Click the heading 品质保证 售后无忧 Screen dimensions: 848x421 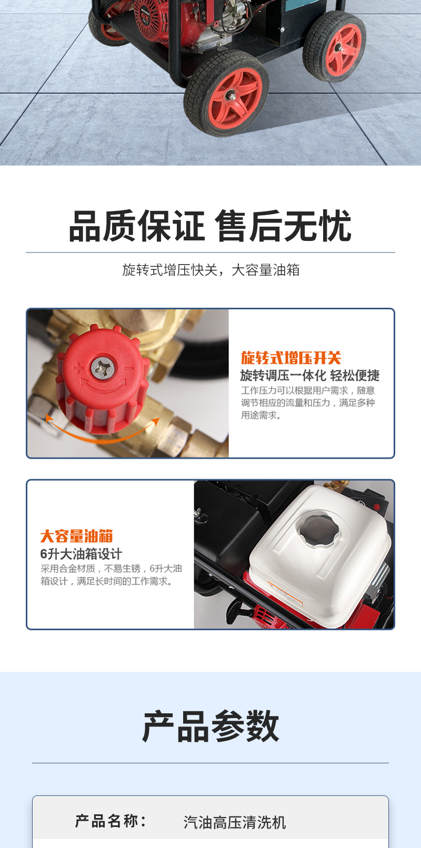tap(210, 227)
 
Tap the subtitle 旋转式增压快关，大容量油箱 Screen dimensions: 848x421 tap(210, 270)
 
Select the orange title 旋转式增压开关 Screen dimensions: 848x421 tap(291, 358)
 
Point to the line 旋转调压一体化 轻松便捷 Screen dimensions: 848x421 tap(309, 376)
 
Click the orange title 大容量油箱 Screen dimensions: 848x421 tap(77, 536)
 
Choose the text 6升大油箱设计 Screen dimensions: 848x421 tap(81, 554)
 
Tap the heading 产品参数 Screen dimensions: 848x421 tap(210, 726)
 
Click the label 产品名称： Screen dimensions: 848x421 tap(111, 821)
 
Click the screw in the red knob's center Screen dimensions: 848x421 tap(103, 367)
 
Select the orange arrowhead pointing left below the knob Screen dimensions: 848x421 tap(48, 419)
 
